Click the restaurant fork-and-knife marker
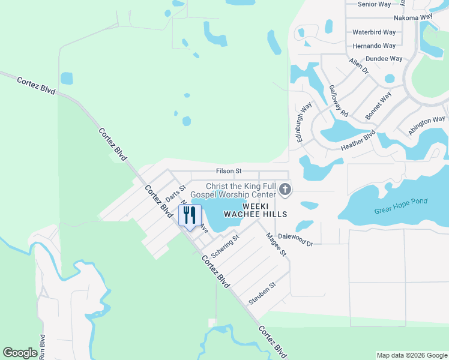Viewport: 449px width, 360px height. [190, 215]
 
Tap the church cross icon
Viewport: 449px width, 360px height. [285, 191]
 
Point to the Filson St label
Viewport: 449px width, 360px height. [229, 171]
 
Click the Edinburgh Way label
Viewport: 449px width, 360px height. [303, 122]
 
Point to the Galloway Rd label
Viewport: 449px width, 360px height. [339, 100]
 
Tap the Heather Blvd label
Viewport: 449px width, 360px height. [358, 141]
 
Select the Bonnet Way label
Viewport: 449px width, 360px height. [378, 104]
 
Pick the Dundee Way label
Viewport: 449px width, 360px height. [384, 59]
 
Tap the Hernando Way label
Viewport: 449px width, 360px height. [374, 46]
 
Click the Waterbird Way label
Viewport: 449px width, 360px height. [374, 32]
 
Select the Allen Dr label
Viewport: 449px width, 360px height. [358, 65]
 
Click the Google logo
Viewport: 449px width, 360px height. [20, 353]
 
